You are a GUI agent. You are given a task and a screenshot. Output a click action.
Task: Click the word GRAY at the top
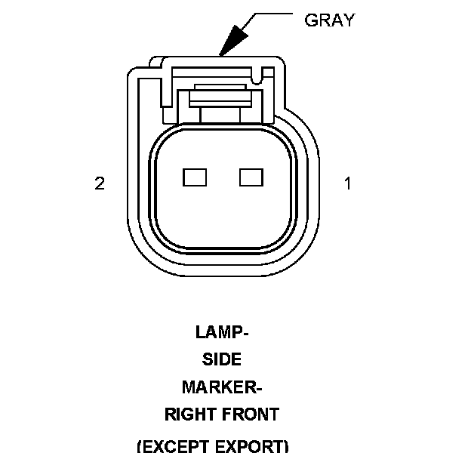(329, 20)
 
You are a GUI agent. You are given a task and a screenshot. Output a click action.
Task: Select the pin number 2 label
(100, 183)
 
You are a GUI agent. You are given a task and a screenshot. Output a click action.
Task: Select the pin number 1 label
(348, 183)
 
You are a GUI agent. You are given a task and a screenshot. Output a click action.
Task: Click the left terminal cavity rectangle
(195, 177)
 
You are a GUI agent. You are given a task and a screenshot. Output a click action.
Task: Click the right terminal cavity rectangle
(250, 177)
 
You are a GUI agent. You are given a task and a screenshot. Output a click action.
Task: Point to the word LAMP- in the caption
(222, 331)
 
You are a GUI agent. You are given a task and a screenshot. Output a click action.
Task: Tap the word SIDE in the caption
(221, 359)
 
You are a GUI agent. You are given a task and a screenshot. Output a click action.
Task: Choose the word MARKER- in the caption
(221, 387)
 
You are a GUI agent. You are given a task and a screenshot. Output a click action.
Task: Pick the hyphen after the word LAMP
(246, 333)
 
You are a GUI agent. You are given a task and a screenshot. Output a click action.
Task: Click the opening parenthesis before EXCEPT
(140, 445)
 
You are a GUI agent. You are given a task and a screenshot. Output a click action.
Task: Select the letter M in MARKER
(189, 387)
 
